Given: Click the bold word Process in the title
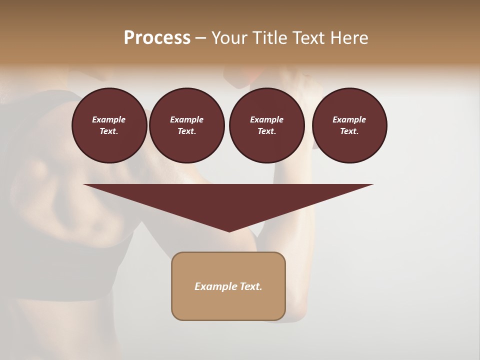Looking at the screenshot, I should click(157, 37).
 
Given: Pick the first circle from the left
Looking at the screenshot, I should click(109, 125).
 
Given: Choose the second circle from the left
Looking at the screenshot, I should click(187, 125).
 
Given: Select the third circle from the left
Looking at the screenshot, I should click(267, 125).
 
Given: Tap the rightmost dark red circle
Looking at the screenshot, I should click(349, 125).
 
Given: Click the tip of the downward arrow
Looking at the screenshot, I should click(229, 231).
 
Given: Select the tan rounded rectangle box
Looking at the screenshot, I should click(228, 286).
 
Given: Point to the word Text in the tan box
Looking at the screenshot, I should click(251, 286).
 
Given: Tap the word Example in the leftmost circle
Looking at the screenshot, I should click(109, 119).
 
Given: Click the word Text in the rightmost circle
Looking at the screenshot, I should click(349, 131).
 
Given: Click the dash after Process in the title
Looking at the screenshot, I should click(200, 38).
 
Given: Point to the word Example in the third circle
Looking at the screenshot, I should click(266, 119).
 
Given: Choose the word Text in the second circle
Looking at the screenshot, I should click(186, 131).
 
